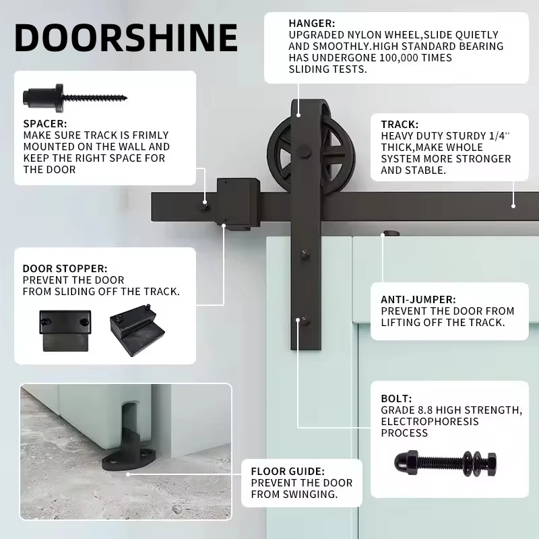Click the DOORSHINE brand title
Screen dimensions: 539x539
pos(126,38)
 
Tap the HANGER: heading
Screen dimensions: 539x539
pos(312,24)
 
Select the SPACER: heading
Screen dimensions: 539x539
pos(45,123)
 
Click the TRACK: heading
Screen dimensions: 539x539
pos(400,124)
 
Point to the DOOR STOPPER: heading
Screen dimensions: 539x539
pos(65,268)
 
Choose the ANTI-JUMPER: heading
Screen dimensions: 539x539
pos(418,299)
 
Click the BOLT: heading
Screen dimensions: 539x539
pos(396,398)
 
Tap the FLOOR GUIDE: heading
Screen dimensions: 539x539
pos(288,471)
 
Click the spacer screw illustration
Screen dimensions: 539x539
pos(75,98)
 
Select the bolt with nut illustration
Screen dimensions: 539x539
pos(445,464)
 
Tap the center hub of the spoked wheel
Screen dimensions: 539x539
pos(305,151)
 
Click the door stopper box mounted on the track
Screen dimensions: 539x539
pos(238,204)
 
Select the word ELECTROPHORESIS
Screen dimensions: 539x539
pos(430,422)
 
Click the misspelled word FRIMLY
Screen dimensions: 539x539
pos(150,135)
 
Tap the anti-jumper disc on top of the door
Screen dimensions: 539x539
pos(391,233)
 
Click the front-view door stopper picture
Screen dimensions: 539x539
pos(65,331)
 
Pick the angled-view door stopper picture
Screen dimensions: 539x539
pos(137,330)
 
